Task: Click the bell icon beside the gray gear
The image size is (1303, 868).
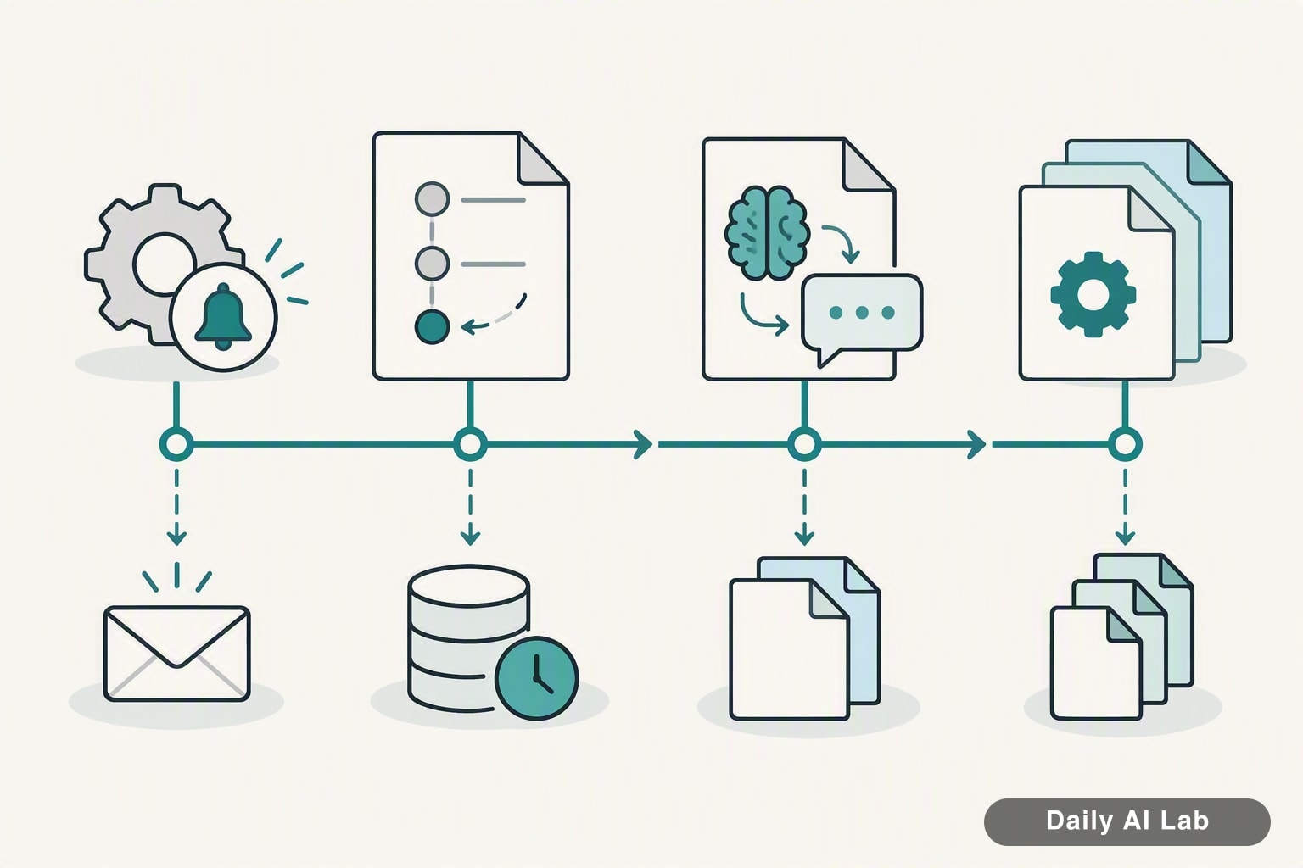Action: tap(223, 317)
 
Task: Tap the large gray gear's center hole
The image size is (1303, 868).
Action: tap(164, 264)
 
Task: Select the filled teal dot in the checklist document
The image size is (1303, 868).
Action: tap(432, 326)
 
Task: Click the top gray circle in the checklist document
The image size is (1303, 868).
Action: tap(432, 199)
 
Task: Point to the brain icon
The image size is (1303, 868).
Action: tap(767, 232)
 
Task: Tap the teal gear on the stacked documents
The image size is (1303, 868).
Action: tap(1093, 294)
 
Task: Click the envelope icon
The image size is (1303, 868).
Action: tap(176, 654)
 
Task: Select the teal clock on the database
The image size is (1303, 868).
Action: tap(536, 678)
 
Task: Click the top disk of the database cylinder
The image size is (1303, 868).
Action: tap(468, 586)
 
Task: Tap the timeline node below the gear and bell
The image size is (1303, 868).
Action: tap(176, 445)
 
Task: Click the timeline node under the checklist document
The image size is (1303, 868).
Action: tap(470, 445)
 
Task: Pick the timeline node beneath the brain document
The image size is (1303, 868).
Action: tap(804, 445)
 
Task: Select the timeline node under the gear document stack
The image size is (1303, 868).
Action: tap(1125, 445)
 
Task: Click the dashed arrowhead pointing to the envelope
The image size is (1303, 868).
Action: tap(176, 537)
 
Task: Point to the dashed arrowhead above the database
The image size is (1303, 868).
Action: tap(470, 537)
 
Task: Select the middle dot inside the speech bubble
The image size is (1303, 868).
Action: tap(862, 313)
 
